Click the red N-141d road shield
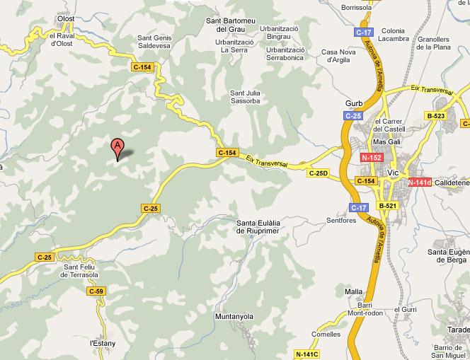pos(420,182)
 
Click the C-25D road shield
pos(318,173)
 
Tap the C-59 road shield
pos(96,291)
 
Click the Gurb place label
pos(354,103)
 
